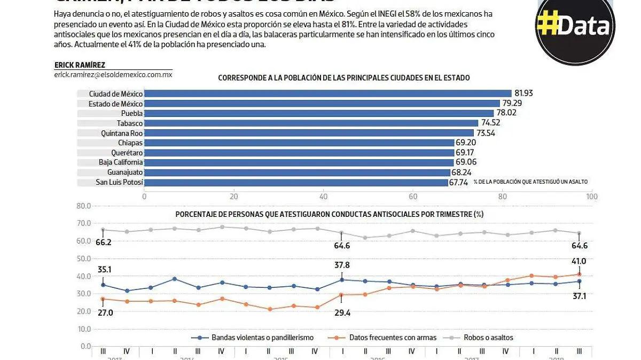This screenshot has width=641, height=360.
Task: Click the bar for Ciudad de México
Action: [x=328, y=93]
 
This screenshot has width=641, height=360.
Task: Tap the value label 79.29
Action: [x=512, y=103]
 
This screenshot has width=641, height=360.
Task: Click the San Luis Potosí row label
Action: [x=119, y=182]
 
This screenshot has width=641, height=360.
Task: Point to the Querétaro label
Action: [x=127, y=152]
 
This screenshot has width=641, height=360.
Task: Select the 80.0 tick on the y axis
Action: [x=84, y=206]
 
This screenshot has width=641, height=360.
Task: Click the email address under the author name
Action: [x=113, y=75]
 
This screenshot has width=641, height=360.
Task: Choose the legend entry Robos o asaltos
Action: [x=488, y=338]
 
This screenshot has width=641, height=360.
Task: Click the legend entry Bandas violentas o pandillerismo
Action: [x=262, y=338]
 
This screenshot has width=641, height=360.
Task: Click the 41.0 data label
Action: [x=580, y=261]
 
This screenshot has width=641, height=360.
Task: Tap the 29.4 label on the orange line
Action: [x=342, y=314]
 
